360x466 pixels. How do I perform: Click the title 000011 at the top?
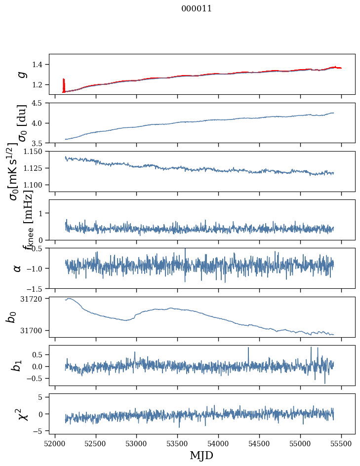click(x=197, y=8)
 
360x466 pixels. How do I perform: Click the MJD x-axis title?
click(x=201, y=455)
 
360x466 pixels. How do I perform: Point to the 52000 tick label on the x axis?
click(x=55, y=442)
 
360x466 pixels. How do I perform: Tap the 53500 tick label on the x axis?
click(x=177, y=442)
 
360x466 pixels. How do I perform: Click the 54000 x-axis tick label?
click(x=218, y=442)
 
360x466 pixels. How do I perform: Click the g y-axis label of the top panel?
click(x=21, y=74)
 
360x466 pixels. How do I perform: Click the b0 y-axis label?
click(x=11, y=317)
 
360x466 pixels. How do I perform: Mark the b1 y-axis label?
click(x=17, y=365)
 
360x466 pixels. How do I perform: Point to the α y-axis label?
click(x=17, y=268)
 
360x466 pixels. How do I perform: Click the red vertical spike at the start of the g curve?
click(x=64, y=84)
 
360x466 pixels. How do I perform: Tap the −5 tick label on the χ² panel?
click(x=39, y=431)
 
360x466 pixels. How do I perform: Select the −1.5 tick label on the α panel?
click(x=36, y=288)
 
